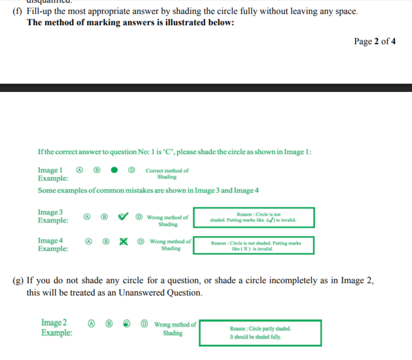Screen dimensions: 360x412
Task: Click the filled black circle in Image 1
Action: tap(115, 170)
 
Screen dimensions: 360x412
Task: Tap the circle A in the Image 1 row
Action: tap(80, 170)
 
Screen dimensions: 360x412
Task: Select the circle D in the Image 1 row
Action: tap(131, 170)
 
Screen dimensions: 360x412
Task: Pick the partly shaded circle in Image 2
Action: tap(126, 324)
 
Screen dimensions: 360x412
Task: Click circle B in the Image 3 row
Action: tap(105, 217)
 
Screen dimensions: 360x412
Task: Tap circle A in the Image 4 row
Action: tap(89, 241)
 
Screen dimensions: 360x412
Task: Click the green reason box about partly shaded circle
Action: tap(260, 332)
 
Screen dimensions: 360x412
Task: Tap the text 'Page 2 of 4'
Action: tap(375, 42)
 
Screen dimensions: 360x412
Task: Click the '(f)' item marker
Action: tap(17, 11)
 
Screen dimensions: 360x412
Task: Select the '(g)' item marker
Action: tap(17, 281)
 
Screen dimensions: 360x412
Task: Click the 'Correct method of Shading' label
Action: tap(167, 174)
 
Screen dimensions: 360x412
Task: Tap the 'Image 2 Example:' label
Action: tap(56, 327)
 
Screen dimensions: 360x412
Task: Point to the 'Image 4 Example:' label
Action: tap(53, 245)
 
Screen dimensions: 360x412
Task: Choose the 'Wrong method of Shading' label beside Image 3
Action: tap(168, 221)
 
